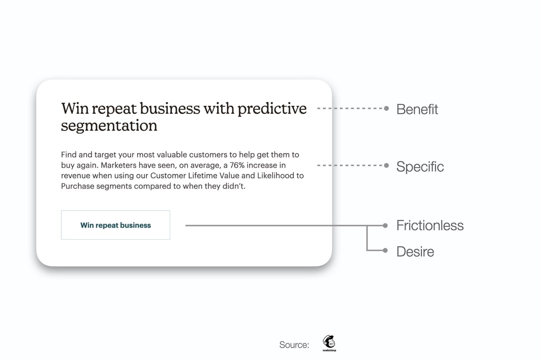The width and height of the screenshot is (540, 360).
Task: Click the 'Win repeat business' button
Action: coord(115,225)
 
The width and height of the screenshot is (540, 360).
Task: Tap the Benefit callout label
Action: coord(417,109)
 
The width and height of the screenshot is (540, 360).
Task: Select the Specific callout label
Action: coord(420,166)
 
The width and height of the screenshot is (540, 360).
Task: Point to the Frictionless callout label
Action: coord(430,225)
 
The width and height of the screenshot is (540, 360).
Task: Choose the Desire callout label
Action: coord(415,252)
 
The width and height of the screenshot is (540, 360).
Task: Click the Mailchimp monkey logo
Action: coord(329,343)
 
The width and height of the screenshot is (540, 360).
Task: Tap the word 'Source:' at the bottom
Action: coord(294,345)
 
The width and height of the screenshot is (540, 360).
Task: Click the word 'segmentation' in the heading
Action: coord(109,126)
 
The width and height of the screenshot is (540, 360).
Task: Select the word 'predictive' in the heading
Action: coord(272,109)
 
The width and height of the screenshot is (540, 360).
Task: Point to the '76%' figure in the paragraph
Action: coord(237,165)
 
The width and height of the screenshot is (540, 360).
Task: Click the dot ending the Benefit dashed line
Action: coord(386,108)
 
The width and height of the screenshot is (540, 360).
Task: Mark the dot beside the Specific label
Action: coord(386,166)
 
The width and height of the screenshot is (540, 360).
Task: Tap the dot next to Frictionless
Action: coord(385,226)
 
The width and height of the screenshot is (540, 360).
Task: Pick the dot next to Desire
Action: coord(385,250)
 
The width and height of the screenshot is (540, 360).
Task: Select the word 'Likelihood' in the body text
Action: coord(274,176)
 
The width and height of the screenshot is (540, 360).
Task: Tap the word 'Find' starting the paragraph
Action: coord(69,155)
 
